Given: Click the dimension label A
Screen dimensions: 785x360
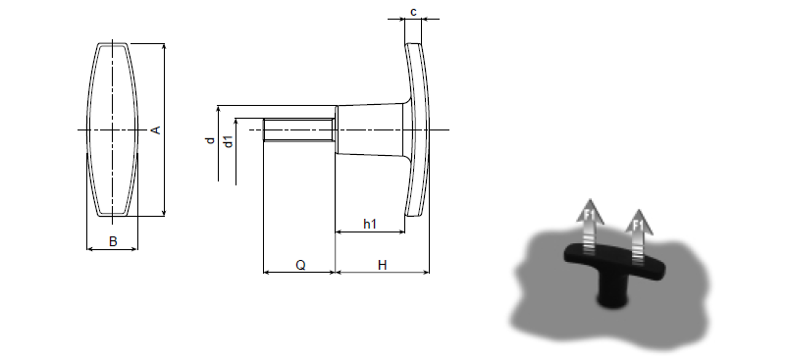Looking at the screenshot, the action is tap(156, 129).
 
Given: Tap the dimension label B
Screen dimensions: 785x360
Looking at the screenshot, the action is tap(113, 241).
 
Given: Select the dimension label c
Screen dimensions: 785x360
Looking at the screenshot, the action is tap(413, 12).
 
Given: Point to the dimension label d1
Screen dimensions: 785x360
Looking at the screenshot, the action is tap(229, 141).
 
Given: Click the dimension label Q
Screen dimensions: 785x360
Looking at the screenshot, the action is tap(300, 265).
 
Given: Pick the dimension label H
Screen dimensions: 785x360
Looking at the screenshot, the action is tap(382, 265).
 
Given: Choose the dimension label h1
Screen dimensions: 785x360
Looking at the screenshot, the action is tap(370, 224).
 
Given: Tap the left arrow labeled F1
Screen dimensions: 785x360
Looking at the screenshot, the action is tap(591, 227).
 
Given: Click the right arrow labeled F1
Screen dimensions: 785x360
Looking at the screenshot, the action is tap(639, 236).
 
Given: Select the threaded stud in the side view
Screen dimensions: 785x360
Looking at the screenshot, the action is tap(299, 129).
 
